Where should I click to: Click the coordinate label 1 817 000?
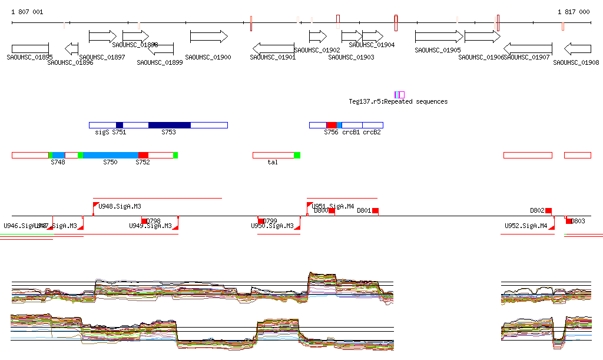(574, 12)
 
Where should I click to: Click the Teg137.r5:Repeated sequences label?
(398, 101)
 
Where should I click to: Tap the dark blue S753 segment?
(170, 125)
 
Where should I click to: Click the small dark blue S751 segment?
(120, 125)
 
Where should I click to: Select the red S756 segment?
(332, 125)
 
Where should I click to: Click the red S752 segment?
(143, 155)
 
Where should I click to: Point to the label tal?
(272, 162)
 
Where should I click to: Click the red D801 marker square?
(375, 210)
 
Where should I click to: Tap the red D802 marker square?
(548, 210)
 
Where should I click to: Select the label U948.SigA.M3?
(120, 206)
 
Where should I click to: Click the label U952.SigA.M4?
(526, 226)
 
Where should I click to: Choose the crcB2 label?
(372, 132)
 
